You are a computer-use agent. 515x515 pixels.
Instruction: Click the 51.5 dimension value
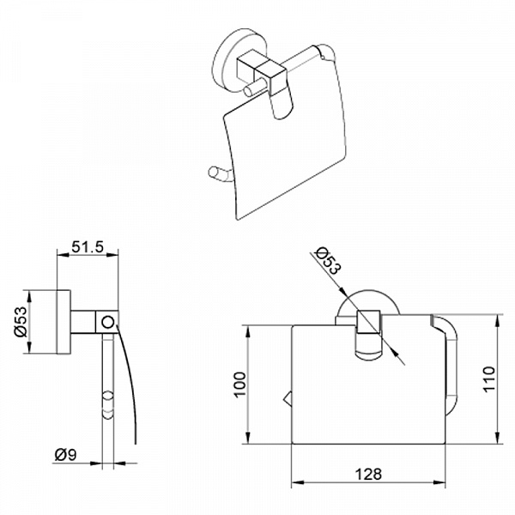click(x=88, y=247)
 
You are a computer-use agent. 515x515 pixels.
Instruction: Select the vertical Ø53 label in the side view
click(x=21, y=322)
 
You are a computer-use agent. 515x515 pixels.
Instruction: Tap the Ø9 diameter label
click(x=66, y=455)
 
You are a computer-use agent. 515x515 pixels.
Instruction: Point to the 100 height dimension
click(x=240, y=385)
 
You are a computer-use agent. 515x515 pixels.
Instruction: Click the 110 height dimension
click(x=488, y=379)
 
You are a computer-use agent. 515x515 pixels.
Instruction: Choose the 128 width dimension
click(x=368, y=474)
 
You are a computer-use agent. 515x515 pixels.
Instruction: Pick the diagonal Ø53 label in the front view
click(x=328, y=260)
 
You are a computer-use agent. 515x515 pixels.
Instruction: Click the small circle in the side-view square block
click(x=108, y=322)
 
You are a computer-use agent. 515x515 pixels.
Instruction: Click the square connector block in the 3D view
click(x=261, y=68)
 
